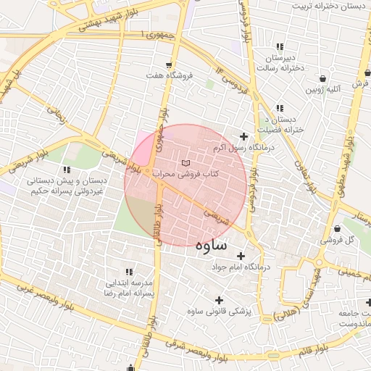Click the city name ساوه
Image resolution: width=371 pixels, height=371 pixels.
point(211,245)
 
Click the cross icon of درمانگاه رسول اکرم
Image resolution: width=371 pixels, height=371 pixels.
point(243,136)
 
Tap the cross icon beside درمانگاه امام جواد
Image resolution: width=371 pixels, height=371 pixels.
point(241,255)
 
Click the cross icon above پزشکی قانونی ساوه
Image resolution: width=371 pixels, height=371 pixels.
point(220,299)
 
